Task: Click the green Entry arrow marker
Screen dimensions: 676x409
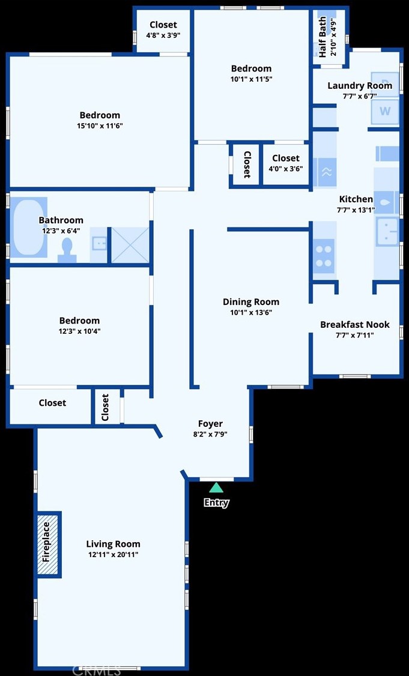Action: [216, 487]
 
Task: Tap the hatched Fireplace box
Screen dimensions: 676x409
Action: [48, 545]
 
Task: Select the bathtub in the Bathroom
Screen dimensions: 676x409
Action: [28, 227]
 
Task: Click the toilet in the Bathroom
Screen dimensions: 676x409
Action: [67, 249]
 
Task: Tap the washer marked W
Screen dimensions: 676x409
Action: [385, 112]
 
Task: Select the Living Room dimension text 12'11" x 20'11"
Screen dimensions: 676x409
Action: [113, 555]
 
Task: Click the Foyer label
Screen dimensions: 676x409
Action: [210, 423]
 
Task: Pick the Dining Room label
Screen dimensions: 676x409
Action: [250, 302]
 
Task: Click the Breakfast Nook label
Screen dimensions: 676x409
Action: [354, 324]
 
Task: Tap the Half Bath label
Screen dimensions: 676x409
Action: [323, 36]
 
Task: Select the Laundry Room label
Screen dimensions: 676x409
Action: [359, 85]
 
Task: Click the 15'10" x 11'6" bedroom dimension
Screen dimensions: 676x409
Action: [100, 125]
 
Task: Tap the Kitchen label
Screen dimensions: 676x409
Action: [356, 199]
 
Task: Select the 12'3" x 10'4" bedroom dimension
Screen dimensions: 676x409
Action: [79, 331]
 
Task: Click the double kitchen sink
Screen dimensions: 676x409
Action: [386, 232]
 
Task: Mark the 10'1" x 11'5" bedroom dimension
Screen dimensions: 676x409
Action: [251, 79]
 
